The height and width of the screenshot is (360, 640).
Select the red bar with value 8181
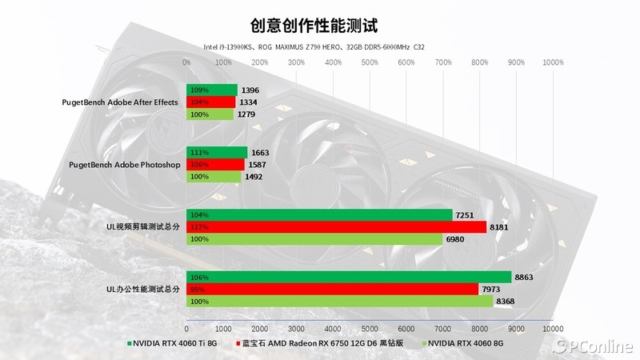point(336,227)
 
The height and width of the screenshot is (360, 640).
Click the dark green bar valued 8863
point(349,277)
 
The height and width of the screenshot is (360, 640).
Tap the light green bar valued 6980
point(314,239)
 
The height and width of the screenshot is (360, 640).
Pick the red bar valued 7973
point(332,289)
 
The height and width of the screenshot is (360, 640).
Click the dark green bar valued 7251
point(319,214)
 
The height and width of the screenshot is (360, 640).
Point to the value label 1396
point(250,90)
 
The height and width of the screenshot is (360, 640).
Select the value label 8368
point(507,302)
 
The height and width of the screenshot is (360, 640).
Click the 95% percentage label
point(197,289)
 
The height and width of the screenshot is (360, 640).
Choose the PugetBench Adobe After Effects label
point(121,102)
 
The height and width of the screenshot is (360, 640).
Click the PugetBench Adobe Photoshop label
point(126,165)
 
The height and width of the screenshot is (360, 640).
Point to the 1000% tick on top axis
point(552,62)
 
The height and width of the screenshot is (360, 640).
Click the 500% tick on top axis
point(370,62)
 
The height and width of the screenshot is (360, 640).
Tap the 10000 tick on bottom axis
point(552,329)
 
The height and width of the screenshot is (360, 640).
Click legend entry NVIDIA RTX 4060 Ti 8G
point(171,345)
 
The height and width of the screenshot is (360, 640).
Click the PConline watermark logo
point(593,346)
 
